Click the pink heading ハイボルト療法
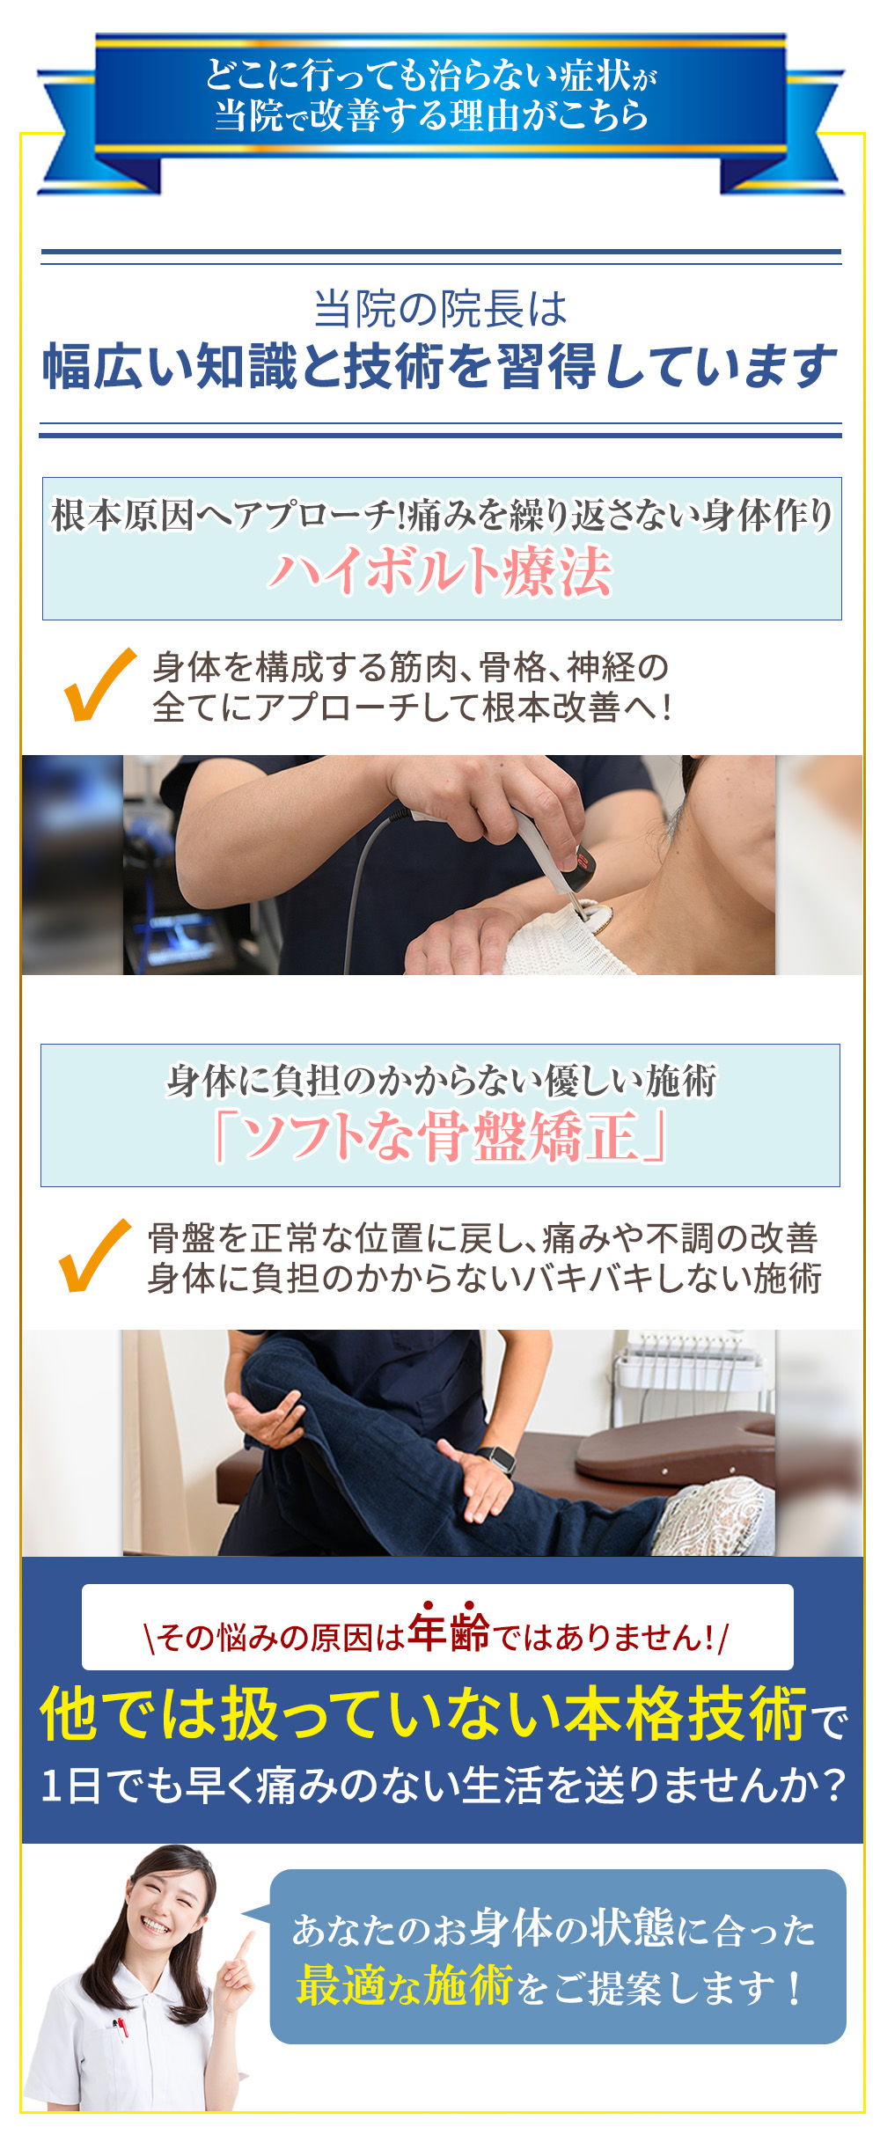click(x=440, y=572)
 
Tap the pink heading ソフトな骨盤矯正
click(x=440, y=1137)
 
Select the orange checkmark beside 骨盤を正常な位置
click(x=92, y=1257)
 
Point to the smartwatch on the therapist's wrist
click(x=501, y=1459)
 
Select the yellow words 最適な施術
click(x=405, y=1986)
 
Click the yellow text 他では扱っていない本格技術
click(x=422, y=1714)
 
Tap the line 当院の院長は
click(x=440, y=309)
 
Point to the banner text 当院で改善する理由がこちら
click(x=431, y=115)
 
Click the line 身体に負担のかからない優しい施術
click(x=440, y=1081)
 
